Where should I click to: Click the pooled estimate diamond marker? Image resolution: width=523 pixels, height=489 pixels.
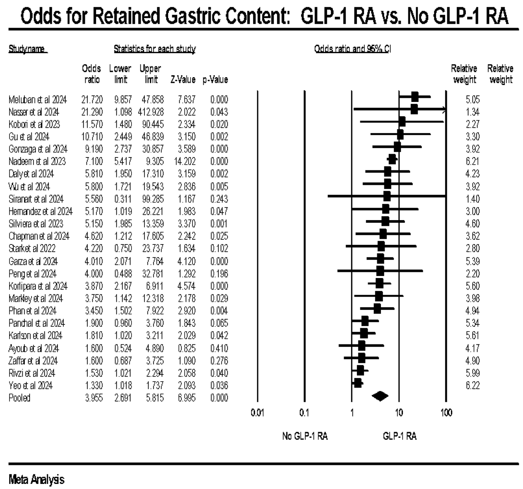(380, 396)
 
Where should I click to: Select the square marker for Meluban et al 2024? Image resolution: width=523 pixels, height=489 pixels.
(415, 97)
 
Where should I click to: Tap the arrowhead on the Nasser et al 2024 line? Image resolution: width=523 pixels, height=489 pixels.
(444, 110)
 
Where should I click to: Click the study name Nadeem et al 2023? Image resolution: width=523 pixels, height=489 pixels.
(37, 162)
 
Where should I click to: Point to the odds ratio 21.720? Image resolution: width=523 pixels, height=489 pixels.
(92, 100)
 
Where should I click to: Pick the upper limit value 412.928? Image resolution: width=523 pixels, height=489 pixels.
(151, 112)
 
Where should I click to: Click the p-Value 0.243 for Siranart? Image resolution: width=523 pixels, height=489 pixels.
(219, 199)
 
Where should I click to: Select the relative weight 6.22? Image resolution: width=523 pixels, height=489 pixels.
(473, 386)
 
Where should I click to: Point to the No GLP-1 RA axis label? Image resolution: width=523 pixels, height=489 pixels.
(305, 436)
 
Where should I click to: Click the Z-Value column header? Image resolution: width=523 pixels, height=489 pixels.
(183, 80)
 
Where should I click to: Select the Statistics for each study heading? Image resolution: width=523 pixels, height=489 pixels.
(155, 49)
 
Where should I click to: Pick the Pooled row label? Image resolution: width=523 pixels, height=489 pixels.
(19, 398)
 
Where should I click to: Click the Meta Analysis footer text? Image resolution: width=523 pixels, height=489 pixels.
(36, 479)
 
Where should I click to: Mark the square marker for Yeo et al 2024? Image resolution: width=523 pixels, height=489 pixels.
(358, 383)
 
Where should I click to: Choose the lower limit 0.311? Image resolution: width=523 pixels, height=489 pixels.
(123, 199)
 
